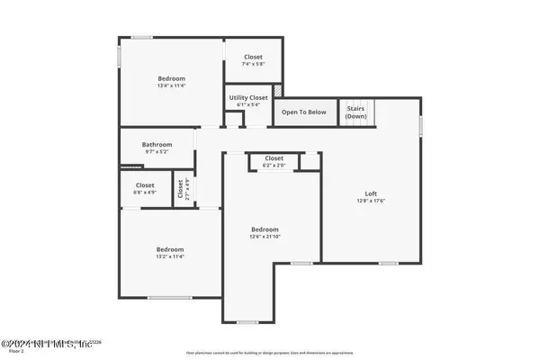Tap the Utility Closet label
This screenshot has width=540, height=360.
[248, 97]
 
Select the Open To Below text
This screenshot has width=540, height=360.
[304, 112]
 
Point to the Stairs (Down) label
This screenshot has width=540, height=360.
[356, 112]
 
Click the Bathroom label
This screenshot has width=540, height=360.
[157, 145]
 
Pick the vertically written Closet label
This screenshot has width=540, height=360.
[180, 188]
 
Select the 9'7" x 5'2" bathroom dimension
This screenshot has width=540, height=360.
[157, 153]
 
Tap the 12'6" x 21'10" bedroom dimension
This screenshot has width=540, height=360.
[265, 237]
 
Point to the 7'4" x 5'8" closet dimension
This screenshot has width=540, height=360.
[253, 64]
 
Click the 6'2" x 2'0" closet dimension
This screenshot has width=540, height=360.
[274, 166]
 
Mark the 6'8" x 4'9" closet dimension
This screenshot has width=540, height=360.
[145, 193]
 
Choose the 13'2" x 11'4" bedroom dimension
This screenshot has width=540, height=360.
[170, 256]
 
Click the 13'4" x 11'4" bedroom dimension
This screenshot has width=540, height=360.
[171, 86]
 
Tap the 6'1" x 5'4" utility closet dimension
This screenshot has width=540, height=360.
[248, 105]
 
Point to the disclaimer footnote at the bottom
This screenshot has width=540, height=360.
[270, 353]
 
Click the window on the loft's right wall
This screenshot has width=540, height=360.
[420, 126]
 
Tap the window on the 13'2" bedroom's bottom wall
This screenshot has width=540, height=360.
[170, 298]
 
